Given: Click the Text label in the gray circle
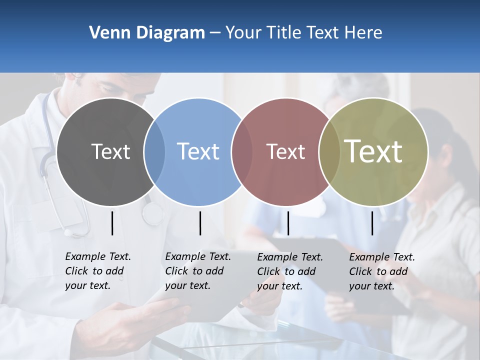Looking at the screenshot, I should tap(110, 151).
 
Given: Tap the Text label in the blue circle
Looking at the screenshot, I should tap(198, 151).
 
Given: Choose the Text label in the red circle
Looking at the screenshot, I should tap(285, 151).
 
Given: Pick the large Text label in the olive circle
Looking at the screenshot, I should tap(373, 151).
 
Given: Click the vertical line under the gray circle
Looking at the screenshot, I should tap(112, 223).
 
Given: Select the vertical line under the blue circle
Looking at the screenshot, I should tap(200, 223).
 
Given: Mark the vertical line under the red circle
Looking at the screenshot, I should tap(288, 223).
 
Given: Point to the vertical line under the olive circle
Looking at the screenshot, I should tap(372, 223).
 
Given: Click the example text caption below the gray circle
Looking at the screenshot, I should tap(97, 271).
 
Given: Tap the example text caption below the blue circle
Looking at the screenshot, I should tap(197, 271).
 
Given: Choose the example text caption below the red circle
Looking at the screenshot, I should tap(289, 271).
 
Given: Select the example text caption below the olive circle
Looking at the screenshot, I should tap(381, 271).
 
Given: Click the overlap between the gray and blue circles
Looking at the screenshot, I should tap(154, 151).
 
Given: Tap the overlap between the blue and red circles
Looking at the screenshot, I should tap(242, 151).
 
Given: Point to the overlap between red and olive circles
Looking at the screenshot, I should tap(329, 151).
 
